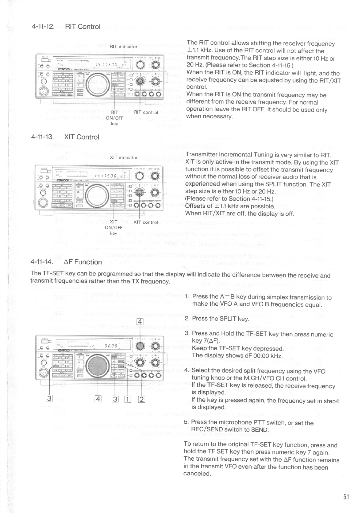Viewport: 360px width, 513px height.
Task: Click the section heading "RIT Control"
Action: tap(83, 27)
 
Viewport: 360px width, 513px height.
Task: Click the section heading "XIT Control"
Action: tap(82, 137)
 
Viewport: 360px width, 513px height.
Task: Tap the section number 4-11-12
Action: tap(43, 27)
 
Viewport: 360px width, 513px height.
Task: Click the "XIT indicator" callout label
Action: tap(123, 157)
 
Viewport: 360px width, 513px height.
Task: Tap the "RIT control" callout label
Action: tap(146, 112)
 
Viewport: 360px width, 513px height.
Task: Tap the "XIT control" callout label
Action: tap(146, 222)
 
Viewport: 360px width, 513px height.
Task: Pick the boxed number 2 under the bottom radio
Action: tap(142, 400)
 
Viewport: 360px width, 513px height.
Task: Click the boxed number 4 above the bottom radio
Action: tap(140, 322)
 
